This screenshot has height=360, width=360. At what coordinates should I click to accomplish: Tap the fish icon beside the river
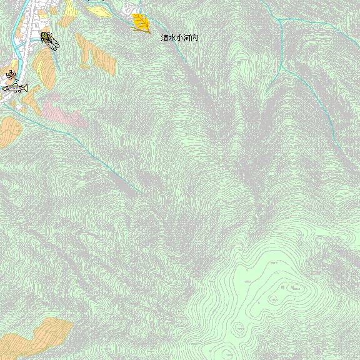click(x=15, y=87)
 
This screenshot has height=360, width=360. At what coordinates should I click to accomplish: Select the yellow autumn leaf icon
click(x=141, y=22)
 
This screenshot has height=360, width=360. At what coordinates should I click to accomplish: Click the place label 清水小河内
click(x=180, y=38)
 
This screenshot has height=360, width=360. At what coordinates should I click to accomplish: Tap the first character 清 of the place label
click(x=165, y=38)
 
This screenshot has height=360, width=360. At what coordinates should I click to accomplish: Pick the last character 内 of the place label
click(x=195, y=38)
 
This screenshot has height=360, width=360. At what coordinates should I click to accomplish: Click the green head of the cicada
click(x=44, y=35)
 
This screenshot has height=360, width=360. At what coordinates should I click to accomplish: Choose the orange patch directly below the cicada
click(x=44, y=66)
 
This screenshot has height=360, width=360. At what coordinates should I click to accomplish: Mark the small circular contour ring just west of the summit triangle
click(x=272, y=301)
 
